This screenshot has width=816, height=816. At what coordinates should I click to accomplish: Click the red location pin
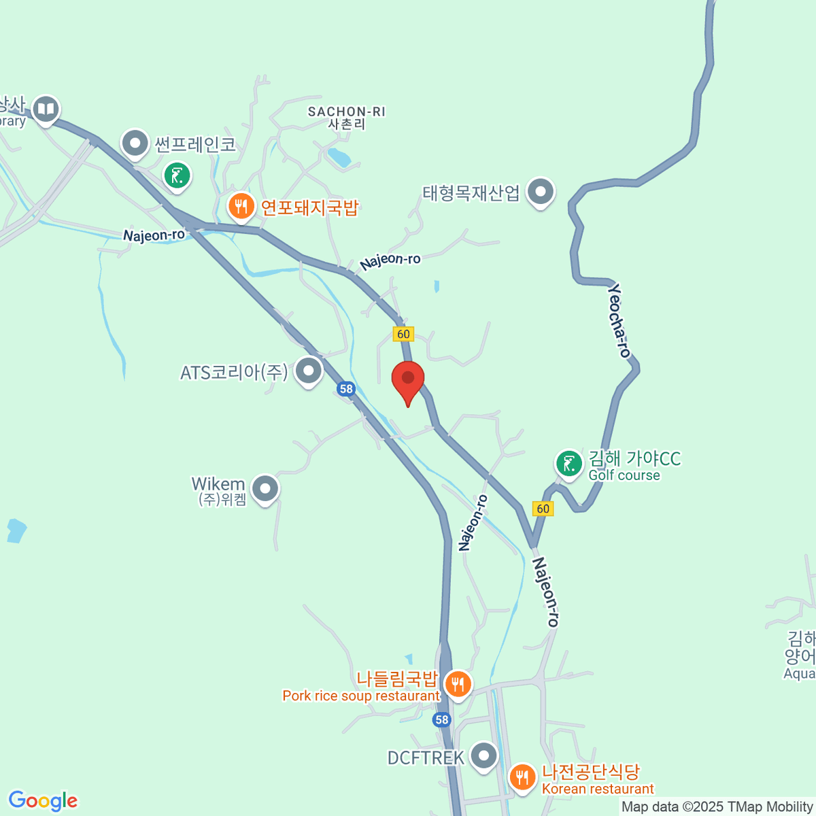coord(408,379)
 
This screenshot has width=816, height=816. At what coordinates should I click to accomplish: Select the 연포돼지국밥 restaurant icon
coord(241,206)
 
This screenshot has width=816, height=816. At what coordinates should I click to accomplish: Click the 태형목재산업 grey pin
coord(541,192)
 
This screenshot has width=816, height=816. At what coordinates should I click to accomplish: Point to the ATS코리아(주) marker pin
coord(309,371)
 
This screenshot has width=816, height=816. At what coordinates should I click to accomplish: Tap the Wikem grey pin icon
coord(265,488)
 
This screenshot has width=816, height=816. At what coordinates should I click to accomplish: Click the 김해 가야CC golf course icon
coord(569,464)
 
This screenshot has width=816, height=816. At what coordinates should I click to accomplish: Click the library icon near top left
coord(46,109)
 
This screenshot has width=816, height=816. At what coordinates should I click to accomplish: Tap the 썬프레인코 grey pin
coord(135,143)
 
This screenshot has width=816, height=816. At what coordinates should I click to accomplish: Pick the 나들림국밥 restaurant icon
coord(458,683)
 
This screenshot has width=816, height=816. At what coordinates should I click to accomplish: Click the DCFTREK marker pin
coord(484,755)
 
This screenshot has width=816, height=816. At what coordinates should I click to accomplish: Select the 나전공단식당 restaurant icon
coord(522,777)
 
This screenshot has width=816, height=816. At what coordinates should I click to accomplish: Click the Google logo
coord(43,801)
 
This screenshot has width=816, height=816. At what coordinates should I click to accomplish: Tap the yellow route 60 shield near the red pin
coord(403,334)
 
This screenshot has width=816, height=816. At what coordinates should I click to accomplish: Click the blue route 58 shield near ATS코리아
coord(346,389)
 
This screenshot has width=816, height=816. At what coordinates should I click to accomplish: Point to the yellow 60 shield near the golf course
coord(543,509)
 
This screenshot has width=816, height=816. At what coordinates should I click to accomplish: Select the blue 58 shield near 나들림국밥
coord(442,719)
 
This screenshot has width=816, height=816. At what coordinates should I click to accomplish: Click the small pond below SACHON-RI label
coord(338,158)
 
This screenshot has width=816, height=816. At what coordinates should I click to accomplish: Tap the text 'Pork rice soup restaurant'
coord(361,696)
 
